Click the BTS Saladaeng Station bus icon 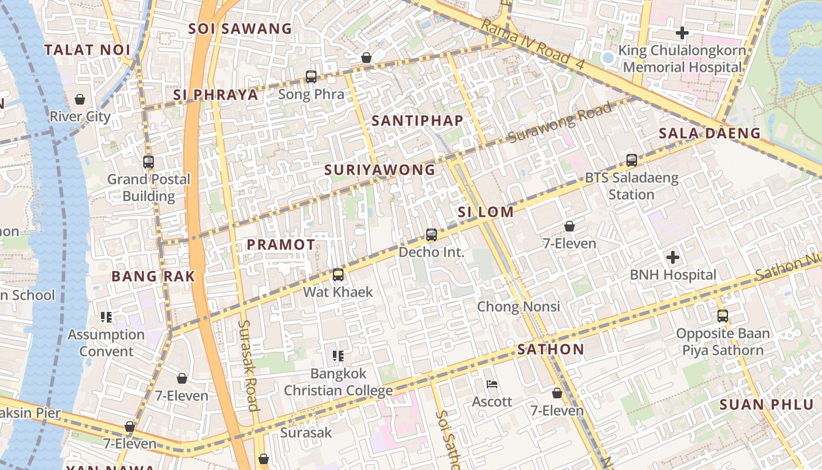632,160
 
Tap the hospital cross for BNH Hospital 673,257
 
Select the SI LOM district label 486,212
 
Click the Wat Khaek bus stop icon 338,274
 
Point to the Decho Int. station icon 432,235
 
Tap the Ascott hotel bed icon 493,384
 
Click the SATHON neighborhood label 551,350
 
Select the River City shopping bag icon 80,99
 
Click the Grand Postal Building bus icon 149,162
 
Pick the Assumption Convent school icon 106,317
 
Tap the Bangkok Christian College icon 338,355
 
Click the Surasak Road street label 248,365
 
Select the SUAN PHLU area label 766,405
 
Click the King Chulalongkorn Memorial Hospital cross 682,33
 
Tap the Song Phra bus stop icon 311,77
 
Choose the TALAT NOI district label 87,50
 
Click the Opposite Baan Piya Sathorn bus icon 723,316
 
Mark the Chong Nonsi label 518,307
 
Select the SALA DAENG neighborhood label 709,133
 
